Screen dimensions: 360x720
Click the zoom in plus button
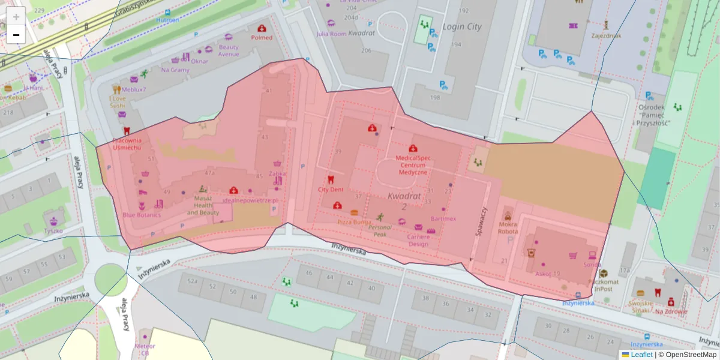click(x=16, y=16)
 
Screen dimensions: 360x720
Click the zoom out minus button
click(x=16, y=35)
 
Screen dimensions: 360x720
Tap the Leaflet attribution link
click(x=641, y=355)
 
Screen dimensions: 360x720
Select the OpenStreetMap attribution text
click(x=690, y=355)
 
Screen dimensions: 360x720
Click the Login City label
click(x=462, y=27)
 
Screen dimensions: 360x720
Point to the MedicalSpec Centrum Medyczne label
click(x=413, y=165)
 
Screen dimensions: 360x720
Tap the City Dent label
click(x=331, y=190)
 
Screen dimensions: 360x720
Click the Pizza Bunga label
click(x=355, y=222)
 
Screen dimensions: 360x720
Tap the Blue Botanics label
click(x=142, y=215)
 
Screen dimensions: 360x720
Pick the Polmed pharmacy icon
click(x=262, y=28)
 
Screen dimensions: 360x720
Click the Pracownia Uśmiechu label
click(x=127, y=143)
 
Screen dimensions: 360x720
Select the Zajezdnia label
click(x=606, y=35)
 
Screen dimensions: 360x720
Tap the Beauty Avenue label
click(x=229, y=50)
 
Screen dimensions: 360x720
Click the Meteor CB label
click(x=145, y=349)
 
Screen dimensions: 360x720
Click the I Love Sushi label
click(x=118, y=102)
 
